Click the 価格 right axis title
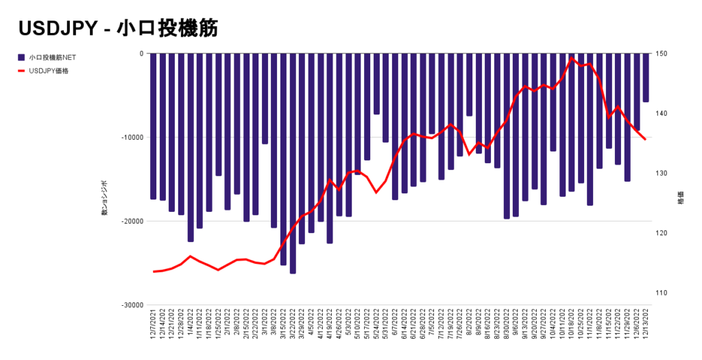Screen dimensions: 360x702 [681, 197]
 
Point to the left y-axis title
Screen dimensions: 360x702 [105, 199]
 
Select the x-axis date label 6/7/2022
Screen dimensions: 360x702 [396, 329]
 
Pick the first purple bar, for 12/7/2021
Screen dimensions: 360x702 [154, 126]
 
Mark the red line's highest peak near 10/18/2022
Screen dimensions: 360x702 [572, 58]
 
